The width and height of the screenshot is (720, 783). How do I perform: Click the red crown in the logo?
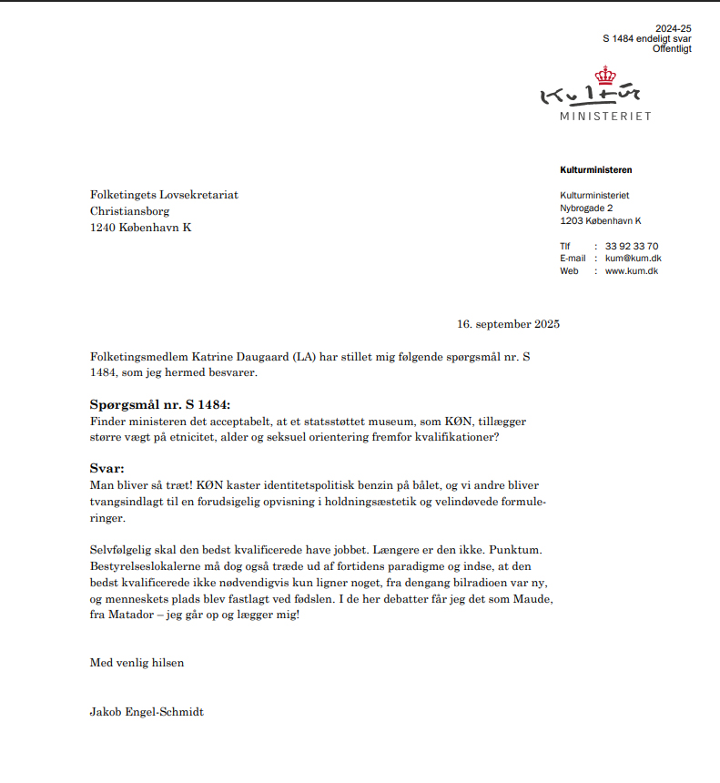click(x=603, y=76)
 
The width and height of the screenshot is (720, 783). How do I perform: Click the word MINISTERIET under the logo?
click(x=605, y=117)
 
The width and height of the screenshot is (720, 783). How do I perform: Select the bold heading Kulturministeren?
click(x=595, y=170)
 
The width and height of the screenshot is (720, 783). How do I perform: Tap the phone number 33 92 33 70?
click(x=632, y=246)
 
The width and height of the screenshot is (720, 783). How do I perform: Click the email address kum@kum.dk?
click(x=633, y=259)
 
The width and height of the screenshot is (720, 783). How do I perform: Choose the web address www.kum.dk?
click(x=632, y=271)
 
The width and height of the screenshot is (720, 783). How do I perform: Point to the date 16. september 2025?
click(x=508, y=324)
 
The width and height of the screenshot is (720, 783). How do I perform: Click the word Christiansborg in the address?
click(x=129, y=211)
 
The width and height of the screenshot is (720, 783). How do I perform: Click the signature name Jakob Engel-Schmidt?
click(x=147, y=712)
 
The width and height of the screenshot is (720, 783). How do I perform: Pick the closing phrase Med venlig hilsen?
click(x=137, y=663)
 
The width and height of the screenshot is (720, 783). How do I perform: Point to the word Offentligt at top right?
click(x=672, y=49)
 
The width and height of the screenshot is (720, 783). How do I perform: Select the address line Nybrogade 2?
click(x=586, y=208)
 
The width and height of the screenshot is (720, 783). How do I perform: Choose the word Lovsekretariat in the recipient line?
click(x=200, y=195)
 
